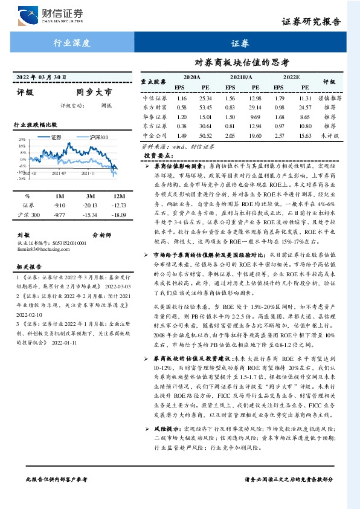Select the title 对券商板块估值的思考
(240, 62)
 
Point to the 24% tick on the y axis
(21, 139)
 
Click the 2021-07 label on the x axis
(59, 173)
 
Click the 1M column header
(59, 197)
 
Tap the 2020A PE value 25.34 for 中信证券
(205, 98)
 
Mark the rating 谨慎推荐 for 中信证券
(330, 98)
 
